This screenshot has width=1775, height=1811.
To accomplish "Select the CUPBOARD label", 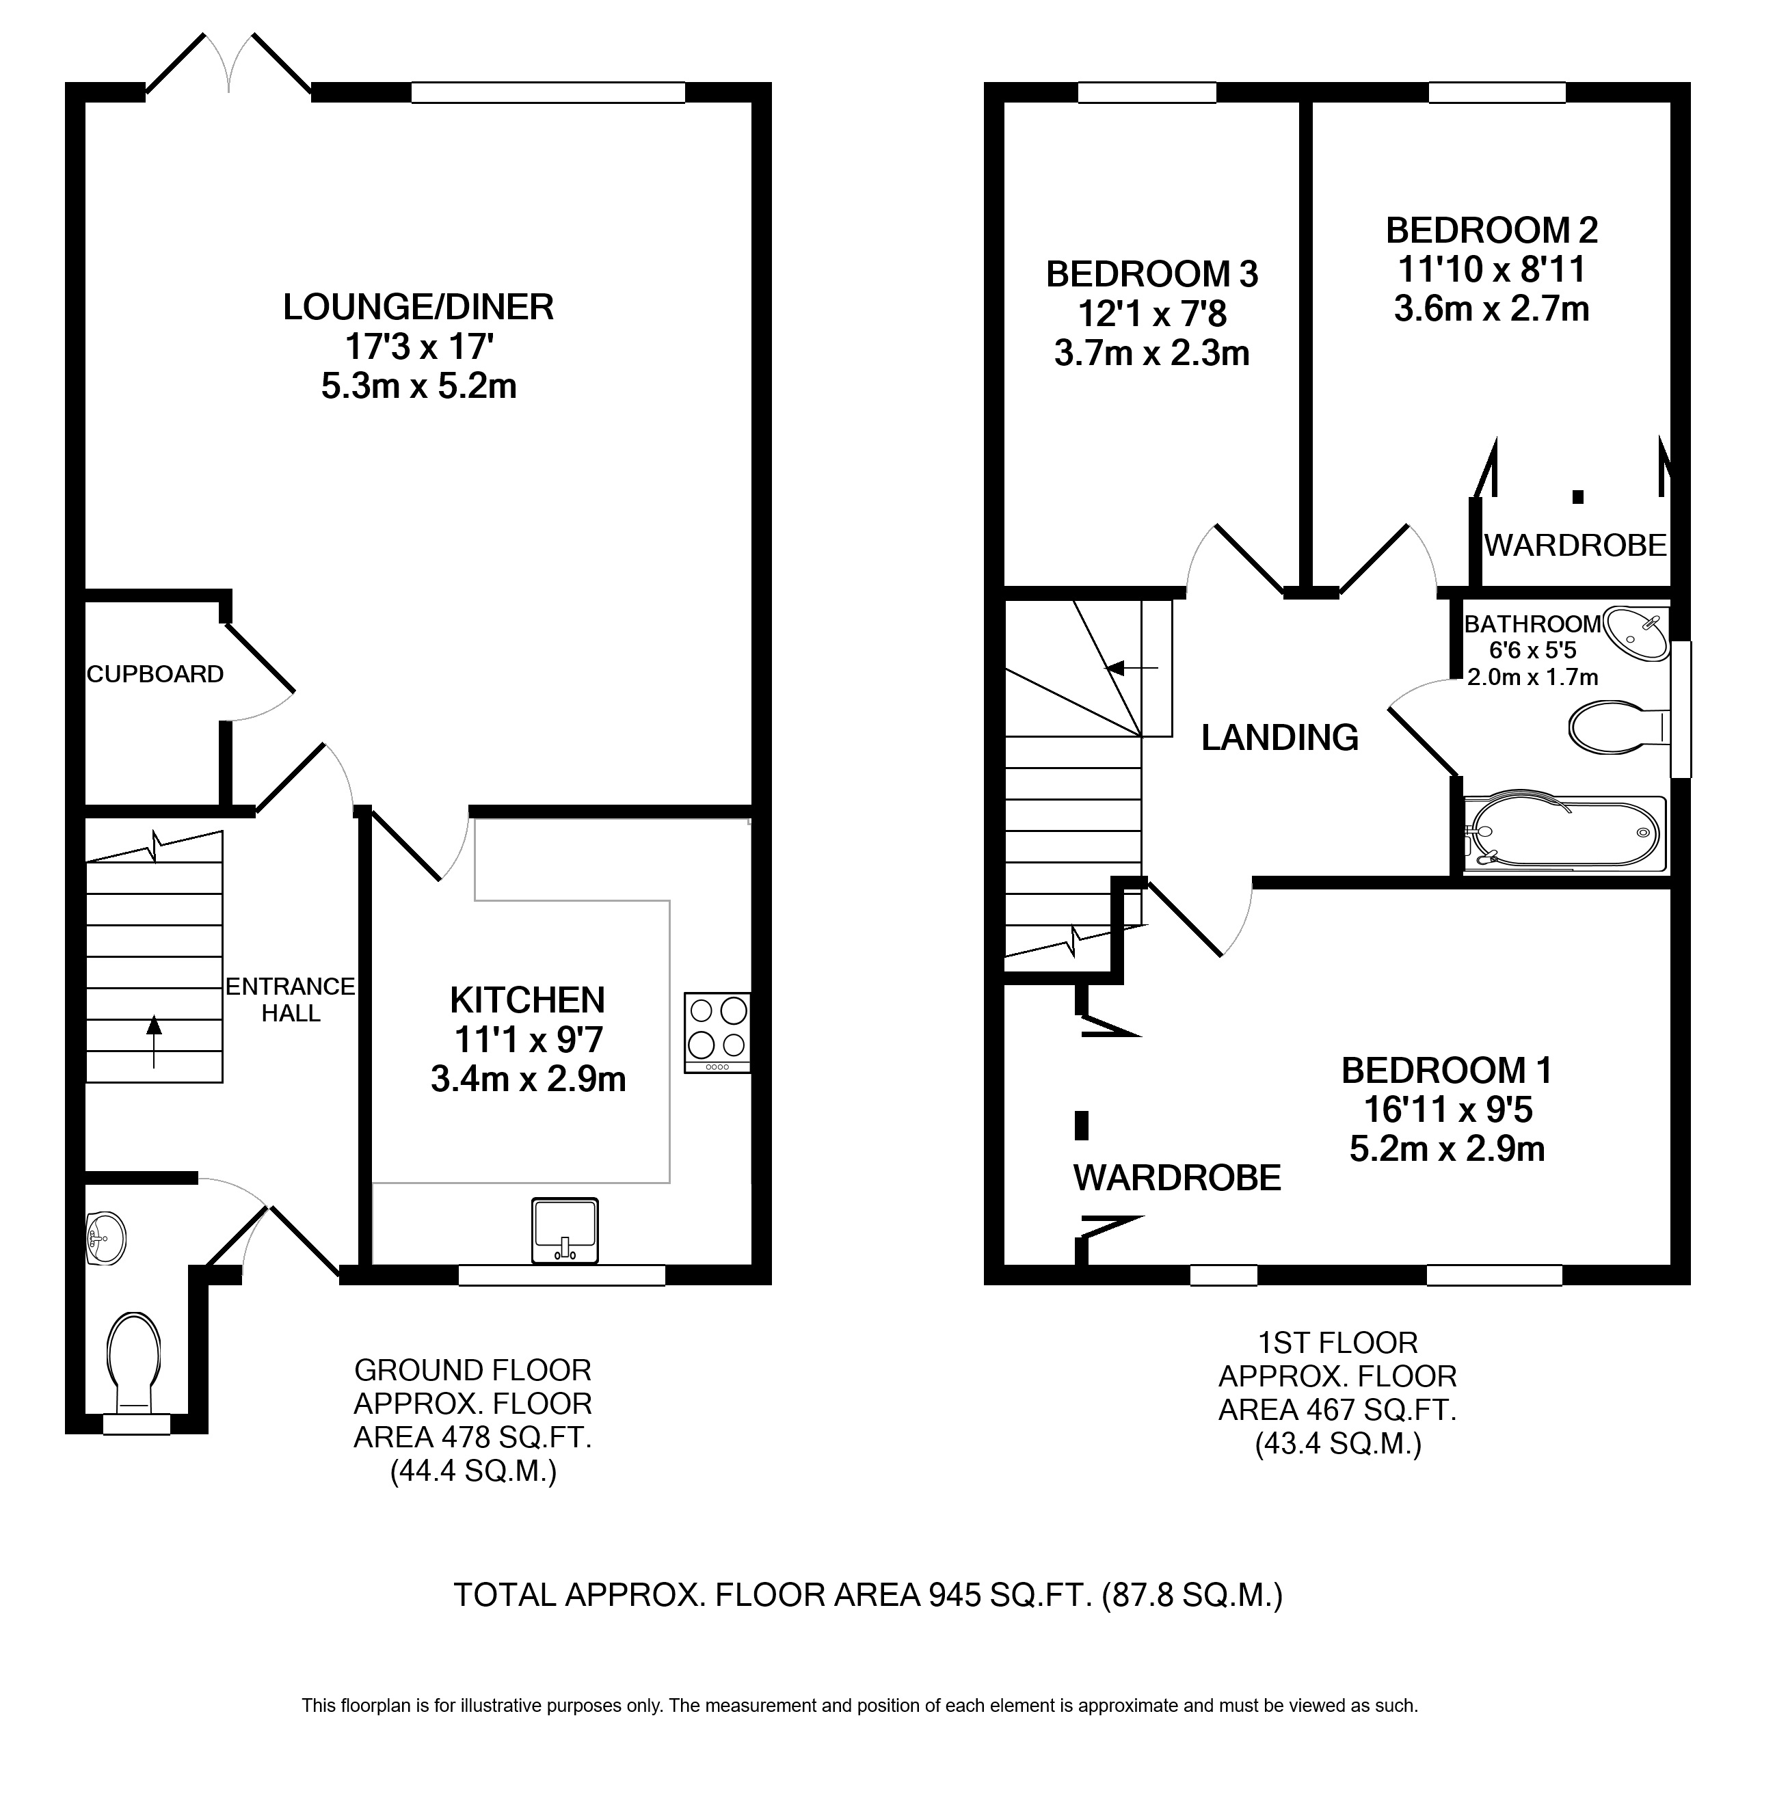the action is tap(155, 674).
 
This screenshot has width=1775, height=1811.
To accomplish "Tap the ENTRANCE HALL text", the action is tap(291, 1000).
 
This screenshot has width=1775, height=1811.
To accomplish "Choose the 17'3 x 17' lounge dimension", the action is tap(418, 347).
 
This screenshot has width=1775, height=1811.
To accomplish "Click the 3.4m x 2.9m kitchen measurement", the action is tap(528, 1079).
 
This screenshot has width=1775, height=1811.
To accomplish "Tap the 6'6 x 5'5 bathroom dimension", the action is tap(1534, 649).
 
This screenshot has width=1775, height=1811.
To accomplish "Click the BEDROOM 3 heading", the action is tap(1152, 274).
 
